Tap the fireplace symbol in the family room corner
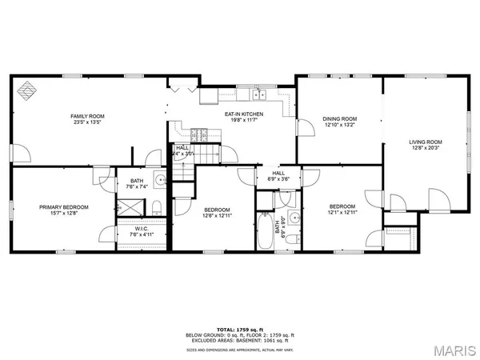pyautogui.click(x=27, y=90)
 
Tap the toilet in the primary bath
pyautogui.click(x=157, y=209)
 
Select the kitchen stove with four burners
pyautogui.click(x=201, y=137)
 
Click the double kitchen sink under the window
pyautogui.click(x=258, y=96)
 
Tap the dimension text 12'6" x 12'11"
pyautogui.click(x=216, y=214)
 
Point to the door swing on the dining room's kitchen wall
pyautogui.click(x=304, y=128)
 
